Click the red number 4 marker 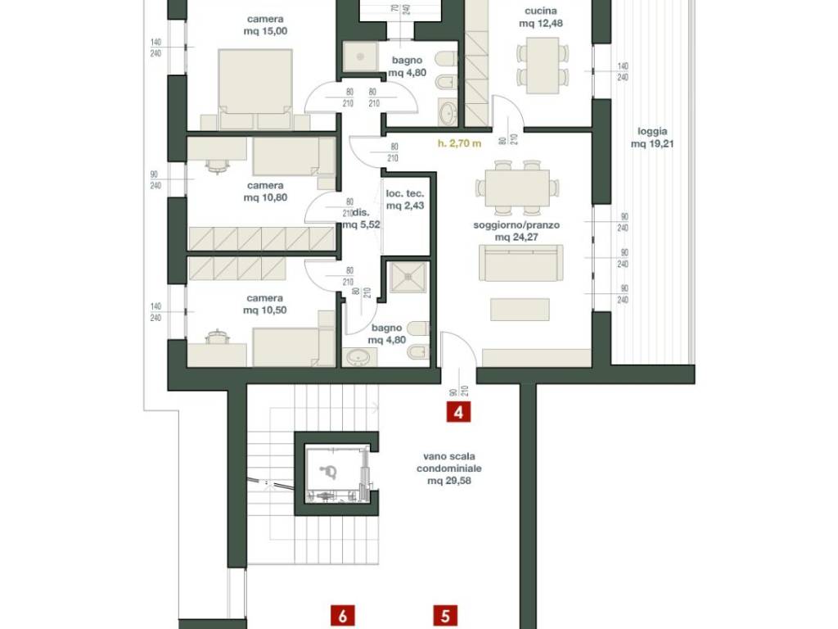458,413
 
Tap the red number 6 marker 343,616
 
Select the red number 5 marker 445,616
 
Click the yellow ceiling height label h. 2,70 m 459,143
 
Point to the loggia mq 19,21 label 652,138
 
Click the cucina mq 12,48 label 541,17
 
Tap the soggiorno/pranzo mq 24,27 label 516,231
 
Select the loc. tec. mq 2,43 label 405,200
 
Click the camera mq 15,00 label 265,25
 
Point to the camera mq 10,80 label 265,192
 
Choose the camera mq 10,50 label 265,305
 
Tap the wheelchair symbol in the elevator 327,471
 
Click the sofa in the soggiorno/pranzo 520,263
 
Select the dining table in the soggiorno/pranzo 517,188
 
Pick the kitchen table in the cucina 542,66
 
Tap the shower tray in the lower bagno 408,277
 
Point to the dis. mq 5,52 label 361,219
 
